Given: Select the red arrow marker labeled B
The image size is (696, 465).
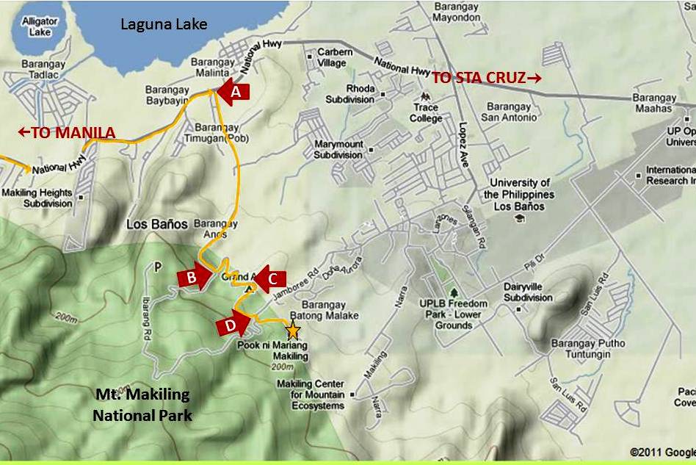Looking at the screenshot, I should (x=193, y=277).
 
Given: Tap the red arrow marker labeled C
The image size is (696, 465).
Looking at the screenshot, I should (x=271, y=278).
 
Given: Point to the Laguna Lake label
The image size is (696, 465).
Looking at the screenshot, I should (x=164, y=24).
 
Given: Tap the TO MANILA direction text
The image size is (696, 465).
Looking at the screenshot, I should (x=66, y=132).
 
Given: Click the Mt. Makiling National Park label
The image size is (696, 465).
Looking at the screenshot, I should (x=142, y=405).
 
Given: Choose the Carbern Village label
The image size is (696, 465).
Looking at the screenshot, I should (x=335, y=57).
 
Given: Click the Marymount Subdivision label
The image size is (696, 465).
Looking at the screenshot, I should (x=338, y=149).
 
